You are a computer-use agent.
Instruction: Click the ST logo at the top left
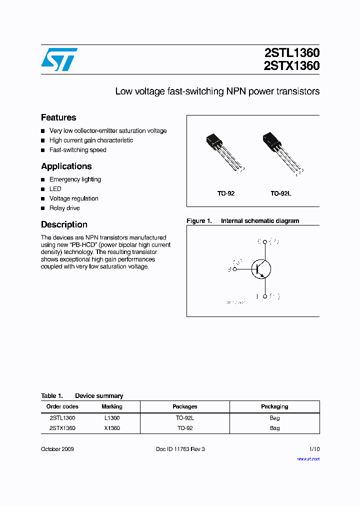pyautogui.click(x=59, y=59)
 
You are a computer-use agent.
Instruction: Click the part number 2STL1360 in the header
pyautogui.click(x=291, y=53)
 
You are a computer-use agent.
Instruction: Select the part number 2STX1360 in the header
pyautogui.click(x=291, y=65)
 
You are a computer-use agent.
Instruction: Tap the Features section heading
pyautogui.click(x=58, y=117)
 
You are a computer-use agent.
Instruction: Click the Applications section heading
pyautogui.click(x=66, y=166)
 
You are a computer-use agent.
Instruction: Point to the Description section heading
pyautogui.click(x=64, y=224)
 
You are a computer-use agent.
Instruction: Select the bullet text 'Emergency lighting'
pyautogui.click(x=75, y=179)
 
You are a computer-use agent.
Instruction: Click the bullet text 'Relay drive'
pyautogui.click(x=64, y=208)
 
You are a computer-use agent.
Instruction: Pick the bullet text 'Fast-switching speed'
pyautogui.click(x=77, y=150)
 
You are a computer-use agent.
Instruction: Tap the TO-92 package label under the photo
pyautogui.click(x=226, y=193)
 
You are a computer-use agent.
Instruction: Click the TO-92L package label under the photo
pyautogui.click(x=281, y=193)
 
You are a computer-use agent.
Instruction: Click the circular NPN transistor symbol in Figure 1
pyautogui.click(x=260, y=269)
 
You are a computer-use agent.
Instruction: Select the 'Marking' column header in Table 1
pyautogui.click(x=112, y=406)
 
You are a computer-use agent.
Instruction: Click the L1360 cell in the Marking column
pyautogui.click(x=112, y=417)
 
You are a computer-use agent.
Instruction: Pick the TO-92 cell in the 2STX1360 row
pyautogui.click(x=185, y=428)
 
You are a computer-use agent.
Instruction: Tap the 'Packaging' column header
pyautogui.click(x=274, y=406)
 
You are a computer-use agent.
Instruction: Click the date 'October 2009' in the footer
pyautogui.click(x=57, y=449)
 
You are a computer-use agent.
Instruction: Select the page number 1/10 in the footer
pyautogui.click(x=314, y=449)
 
